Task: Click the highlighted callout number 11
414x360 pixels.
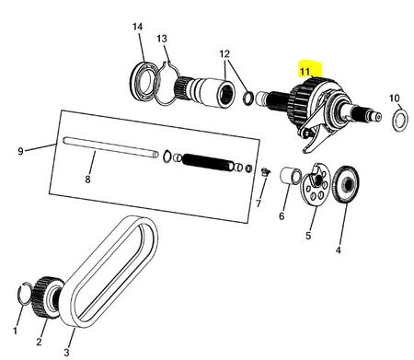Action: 305,72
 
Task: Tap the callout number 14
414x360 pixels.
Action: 138,27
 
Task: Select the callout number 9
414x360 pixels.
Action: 20,151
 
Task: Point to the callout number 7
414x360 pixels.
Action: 259,203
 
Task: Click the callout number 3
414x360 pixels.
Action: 66,352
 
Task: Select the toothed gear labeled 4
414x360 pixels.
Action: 345,184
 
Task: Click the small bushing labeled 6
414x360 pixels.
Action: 289,176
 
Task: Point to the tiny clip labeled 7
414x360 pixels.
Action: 266,172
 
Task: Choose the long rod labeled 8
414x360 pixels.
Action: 111,147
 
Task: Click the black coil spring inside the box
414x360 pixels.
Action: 207,163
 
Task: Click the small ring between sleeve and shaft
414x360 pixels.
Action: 248,98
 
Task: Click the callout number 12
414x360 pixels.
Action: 224,54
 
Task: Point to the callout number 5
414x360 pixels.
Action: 308,236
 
